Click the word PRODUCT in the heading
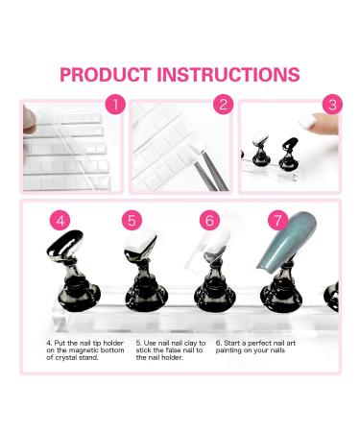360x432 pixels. pyautogui.click(x=106, y=75)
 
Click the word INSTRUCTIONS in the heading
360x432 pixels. pyautogui.click(x=228, y=75)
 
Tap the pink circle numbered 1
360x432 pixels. pyautogui.click(x=115, y=104)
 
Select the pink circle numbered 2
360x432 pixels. pyautogui.click(x=224, y=104)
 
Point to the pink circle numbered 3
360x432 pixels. pyautogui.click(x=332, y=104)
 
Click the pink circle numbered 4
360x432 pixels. pyautogui.click(x=60, y=220)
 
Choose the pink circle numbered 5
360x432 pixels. pyautogui.click(x=132, y=220)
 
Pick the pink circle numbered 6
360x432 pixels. pyautogui.click(x=209, y=220)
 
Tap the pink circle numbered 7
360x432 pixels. pyautogui.click(x=277, y=220)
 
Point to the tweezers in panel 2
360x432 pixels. pyautogui.click(x=209, y=170)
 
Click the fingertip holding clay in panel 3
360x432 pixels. pyautogui.click(x=324, y=124)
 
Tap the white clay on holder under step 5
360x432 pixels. pyautogui.click(x=139, y=241)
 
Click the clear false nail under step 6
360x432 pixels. pyautogui.click(x=208, y=243)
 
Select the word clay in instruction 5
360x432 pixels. pyautogui.click(x=191, y=343)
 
